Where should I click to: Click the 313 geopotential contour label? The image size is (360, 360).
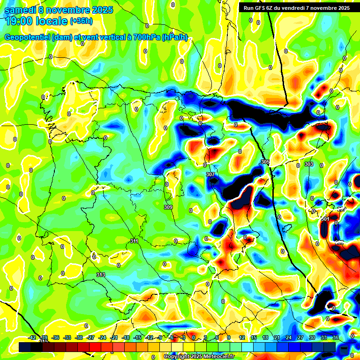coord(101,275)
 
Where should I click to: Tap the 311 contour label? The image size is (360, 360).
coord(134,241)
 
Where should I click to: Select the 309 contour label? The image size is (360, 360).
coord(168,207)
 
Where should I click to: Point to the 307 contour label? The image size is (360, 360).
coord(210,174)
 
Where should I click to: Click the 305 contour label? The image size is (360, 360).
coord(265,162)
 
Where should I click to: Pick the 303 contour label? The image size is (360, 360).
coord(308,164)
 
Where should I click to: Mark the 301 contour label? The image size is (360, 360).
coord(325,219)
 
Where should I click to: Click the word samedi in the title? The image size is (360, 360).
coord(21,10)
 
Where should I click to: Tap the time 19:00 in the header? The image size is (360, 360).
coord(22,21)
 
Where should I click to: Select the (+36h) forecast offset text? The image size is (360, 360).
coord(81,21)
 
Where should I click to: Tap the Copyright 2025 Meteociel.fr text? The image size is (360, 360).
coord(199,356)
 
